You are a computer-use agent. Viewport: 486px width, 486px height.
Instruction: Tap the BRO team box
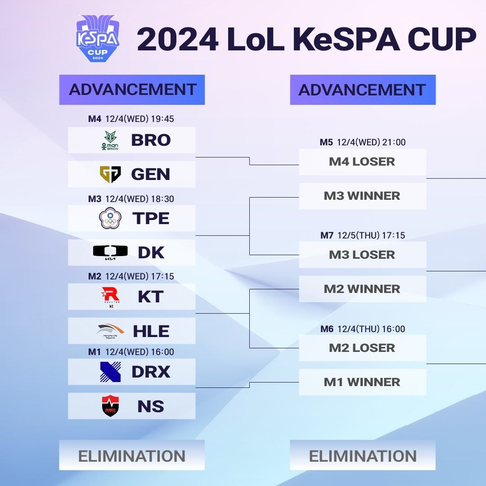point(131,140)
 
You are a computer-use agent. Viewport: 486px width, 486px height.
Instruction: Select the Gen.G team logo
point(110,174)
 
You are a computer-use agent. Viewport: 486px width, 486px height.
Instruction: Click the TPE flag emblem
point(110,218)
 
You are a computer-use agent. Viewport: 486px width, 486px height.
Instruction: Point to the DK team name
point(151,253)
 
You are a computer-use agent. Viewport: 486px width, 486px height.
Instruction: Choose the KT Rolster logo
point(110,296)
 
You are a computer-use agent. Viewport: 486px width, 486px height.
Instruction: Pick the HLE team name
point(151,332)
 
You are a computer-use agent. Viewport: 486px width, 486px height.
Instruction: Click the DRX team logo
point(110,372)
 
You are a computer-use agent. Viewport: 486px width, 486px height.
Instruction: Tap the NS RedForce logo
point(110,406)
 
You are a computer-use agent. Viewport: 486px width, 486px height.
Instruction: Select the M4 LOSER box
point(362,162)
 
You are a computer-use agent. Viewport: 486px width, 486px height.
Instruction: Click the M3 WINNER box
point(362,196)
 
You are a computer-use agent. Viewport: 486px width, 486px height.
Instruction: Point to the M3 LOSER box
point(362,255)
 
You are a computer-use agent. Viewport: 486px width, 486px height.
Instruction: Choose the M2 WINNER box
point(362,289)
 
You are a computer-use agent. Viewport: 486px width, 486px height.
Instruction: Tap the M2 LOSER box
point(362,348)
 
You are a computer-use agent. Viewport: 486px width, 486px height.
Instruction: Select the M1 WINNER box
point(362,382)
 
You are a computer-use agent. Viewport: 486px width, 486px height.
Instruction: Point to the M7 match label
point(327,235)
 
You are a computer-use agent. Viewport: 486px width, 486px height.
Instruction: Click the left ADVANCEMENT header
point(132,90)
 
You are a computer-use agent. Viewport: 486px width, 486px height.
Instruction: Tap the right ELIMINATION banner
point(363,455)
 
